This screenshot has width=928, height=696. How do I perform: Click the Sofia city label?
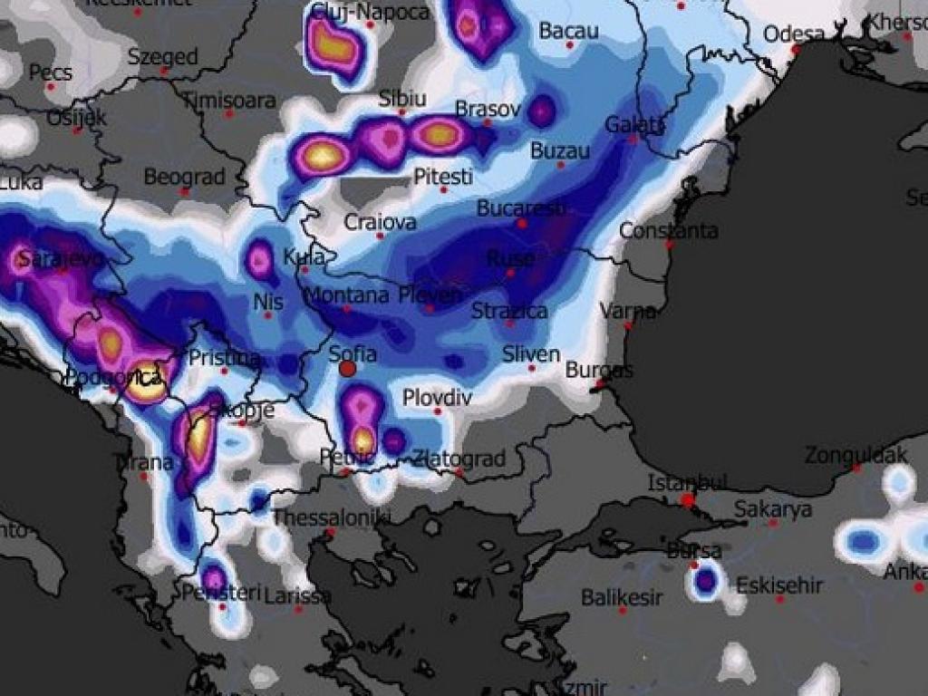pos(353,354)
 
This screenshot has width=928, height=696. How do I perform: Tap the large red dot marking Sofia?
pos(347,369)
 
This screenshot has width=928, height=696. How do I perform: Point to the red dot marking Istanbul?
pos(688,499)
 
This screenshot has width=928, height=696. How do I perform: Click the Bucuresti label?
pos(521,208)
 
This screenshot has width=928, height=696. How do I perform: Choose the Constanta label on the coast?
pos(669,230)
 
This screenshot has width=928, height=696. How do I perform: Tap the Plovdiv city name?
pos(438,397)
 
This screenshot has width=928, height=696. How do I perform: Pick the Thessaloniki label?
pos(332,517)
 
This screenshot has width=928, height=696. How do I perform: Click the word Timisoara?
pos(230,100)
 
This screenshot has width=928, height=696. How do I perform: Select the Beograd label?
pos(184,177)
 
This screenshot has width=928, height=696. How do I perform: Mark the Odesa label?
pos(794,34)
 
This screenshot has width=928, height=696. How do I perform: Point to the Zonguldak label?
pos(856,454)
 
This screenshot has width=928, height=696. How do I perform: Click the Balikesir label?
pos(622,597)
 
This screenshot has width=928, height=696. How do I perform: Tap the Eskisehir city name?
pos(779,585)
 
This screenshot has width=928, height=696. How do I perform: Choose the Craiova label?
pos(381,222)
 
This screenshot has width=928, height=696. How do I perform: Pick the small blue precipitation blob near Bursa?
pos(705,580)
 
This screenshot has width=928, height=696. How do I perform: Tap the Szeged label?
pos(162,56)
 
